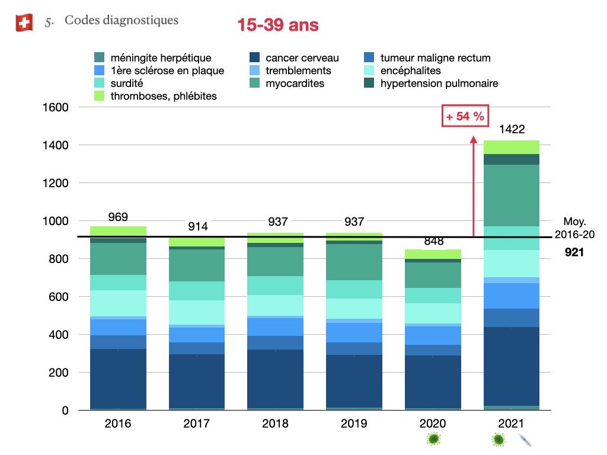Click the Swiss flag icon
click(24, 23)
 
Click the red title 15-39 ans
click(277, 25)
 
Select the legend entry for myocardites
click(295, 84)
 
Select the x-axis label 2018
click(275, 424)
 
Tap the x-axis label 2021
click(512, 424)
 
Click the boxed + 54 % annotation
click(465, 117)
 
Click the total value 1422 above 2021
click(512, 130)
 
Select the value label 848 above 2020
click(433, 241)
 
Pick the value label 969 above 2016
click(117, 217)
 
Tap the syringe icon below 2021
click(525, 440)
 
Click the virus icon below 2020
click(434, 440)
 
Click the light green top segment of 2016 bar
click(117, 231)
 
